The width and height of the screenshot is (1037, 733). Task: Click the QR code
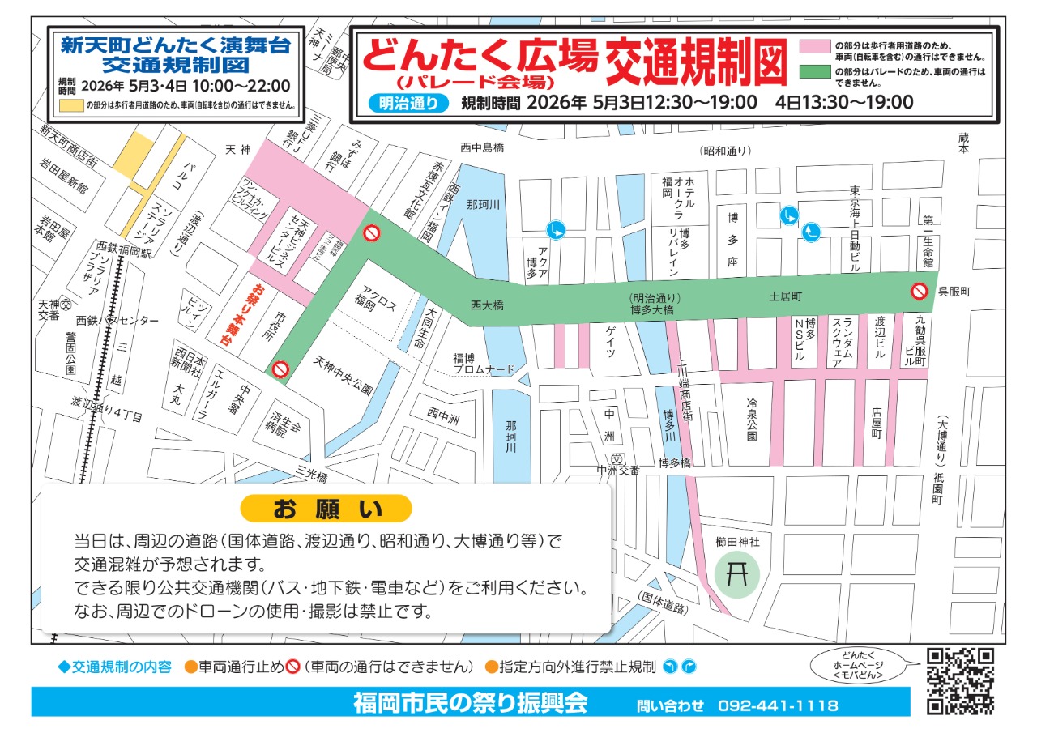tap(960, 681)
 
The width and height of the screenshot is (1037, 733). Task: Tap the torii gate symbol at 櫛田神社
tap(737, 573)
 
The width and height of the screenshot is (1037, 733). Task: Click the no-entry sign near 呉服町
tap(919, 291)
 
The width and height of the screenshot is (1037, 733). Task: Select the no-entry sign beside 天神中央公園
tap(280, 369)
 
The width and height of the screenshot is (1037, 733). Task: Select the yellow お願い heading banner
tap(326, 509)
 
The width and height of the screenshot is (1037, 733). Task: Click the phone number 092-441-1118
tap(778, 705)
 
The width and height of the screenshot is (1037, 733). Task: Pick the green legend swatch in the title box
tap(814, 72)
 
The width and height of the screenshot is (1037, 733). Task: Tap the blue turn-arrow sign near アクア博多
tap(556, 230)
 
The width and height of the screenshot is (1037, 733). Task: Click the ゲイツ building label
tap(609, 343)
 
